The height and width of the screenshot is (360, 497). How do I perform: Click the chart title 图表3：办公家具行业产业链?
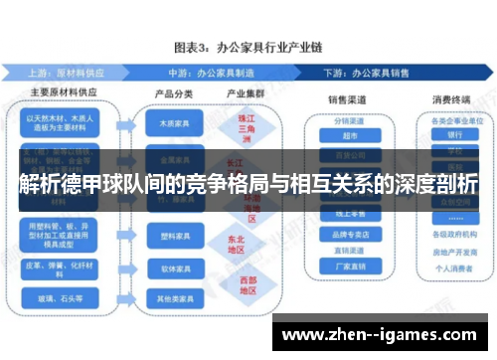point(248,46)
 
